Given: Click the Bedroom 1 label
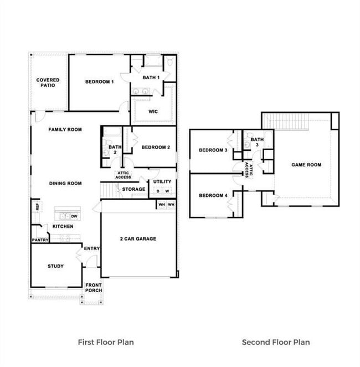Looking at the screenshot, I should pos(100,82).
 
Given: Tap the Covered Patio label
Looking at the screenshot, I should pos(48,83).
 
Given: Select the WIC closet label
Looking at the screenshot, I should pos(153,111).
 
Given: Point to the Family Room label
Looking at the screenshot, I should pos(65,130).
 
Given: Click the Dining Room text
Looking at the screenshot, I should pos(65,183).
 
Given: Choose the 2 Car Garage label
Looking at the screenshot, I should pos(138,239).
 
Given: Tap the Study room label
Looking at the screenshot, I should pos(55,266).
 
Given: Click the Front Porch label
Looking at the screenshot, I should pos(94,288).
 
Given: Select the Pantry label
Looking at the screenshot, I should pos(39,240).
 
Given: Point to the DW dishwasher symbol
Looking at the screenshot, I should pos(74,216).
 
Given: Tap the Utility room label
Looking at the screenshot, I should pos(162,182).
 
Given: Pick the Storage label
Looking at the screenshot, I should pos(133,190).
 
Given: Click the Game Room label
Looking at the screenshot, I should pos(306,165).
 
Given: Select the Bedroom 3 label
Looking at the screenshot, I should pos(213,150).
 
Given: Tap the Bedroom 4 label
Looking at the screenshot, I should pos(213,195).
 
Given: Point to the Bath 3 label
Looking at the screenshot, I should pos(257,142).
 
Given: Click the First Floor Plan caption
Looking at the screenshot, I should pos(106,342).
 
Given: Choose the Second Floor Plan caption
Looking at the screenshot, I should pos(276,342).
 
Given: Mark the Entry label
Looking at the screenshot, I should pos(92,248).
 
